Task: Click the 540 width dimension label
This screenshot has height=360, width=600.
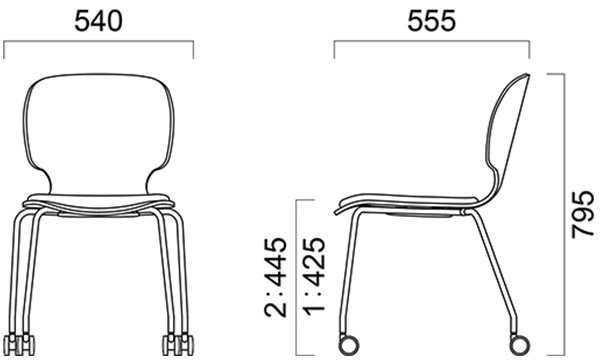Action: (98, 21)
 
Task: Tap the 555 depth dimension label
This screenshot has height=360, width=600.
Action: (431, 21)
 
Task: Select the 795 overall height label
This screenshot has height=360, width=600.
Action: (582, 214)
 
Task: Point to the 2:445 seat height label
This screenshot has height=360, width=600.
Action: (276, 277)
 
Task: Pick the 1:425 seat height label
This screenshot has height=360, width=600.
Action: (315, 275)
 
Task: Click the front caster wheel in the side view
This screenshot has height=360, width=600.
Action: (349, 344)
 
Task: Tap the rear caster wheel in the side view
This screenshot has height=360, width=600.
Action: (520, 344)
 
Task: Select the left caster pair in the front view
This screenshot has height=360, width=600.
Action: (19, 344)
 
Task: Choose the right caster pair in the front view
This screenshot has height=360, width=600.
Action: (178, 344)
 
